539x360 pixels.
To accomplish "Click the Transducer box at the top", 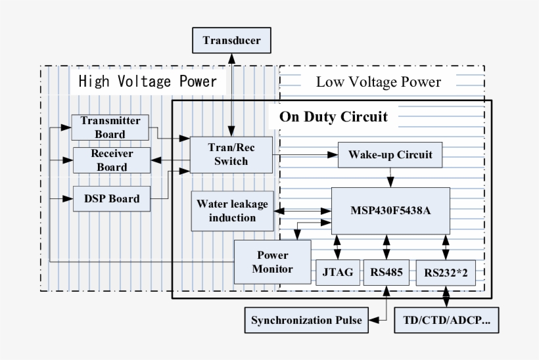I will click(231, 41).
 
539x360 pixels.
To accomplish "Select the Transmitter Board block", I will click(110, 127).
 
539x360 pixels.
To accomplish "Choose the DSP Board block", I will click(110, 198).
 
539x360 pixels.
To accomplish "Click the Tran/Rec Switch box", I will click(231, 154).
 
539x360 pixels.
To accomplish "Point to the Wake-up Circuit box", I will click(390, 155).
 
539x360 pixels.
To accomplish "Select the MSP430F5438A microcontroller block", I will click(390, 211).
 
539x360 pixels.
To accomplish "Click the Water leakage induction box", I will click(232, 211).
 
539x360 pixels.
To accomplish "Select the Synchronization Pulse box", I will click(306, 321).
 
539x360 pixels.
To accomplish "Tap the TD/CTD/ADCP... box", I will click(446, 321).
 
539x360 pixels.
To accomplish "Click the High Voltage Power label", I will click(147, 82).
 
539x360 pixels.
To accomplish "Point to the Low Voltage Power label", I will click(378, 82).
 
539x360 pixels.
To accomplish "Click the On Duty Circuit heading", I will click(333, 117).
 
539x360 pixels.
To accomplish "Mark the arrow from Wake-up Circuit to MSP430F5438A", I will click(390, 177).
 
